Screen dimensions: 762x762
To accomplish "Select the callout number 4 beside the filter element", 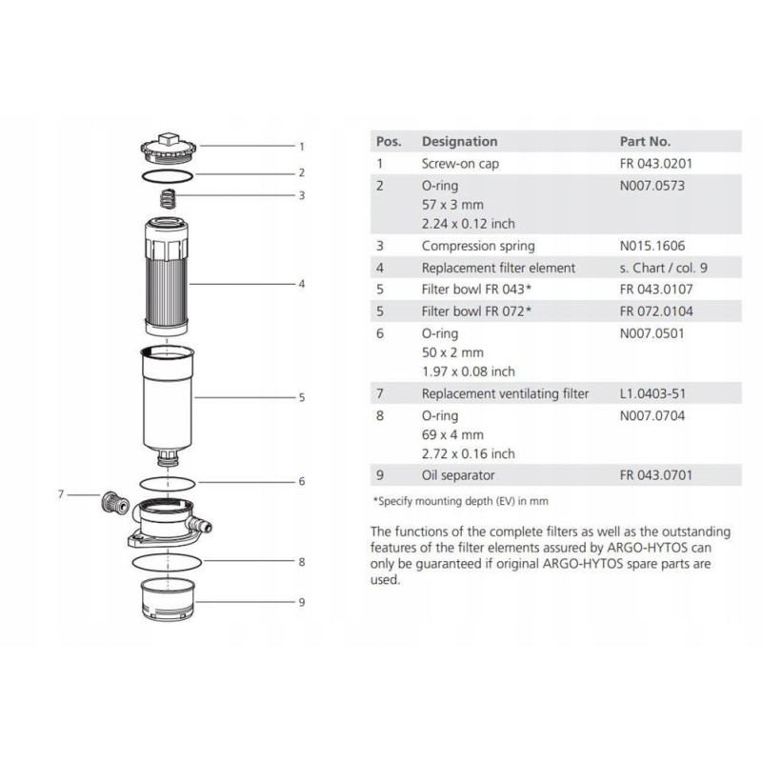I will (x=301, y=284).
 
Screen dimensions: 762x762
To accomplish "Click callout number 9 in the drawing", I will (x=301, y=602).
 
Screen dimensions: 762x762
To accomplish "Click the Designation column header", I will (x=459, y=141).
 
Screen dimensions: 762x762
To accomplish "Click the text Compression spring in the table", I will (x=477, y=246).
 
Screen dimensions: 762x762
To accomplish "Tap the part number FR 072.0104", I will (x=656, y=311).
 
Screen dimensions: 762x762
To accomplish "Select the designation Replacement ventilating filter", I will (x=505, y=393).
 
